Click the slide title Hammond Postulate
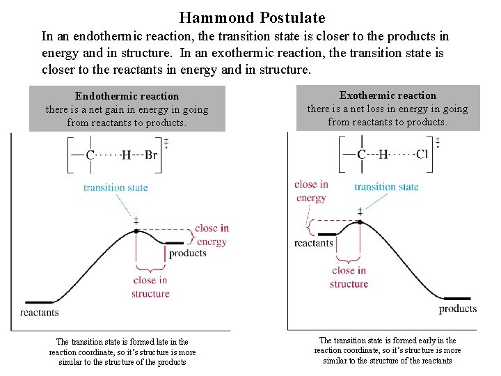[x=252, y=17]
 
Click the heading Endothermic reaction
[x=127, y=96]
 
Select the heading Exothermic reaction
[x=388, y=95]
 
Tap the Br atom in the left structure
[x=151, y=155]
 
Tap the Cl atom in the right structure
[x=422, y=154]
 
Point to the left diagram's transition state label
[x=116, y=187]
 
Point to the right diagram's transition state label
[x=386, y=187]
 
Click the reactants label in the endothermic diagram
[x=40, y=313]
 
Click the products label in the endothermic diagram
[x=188, y=253]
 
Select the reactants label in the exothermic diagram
[x=314, y=243]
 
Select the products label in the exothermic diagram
[x=458, y=308]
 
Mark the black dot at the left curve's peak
[x=136, y=230]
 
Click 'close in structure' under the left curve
[x=150, y=287]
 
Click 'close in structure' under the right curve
[x=349, y=277]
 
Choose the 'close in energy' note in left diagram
[x=212, y=235]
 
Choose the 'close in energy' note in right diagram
[x=311, y=191]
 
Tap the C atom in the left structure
[x=90, y=155]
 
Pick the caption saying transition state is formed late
[x=122, y=352]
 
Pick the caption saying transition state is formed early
[x=388, y=350]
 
